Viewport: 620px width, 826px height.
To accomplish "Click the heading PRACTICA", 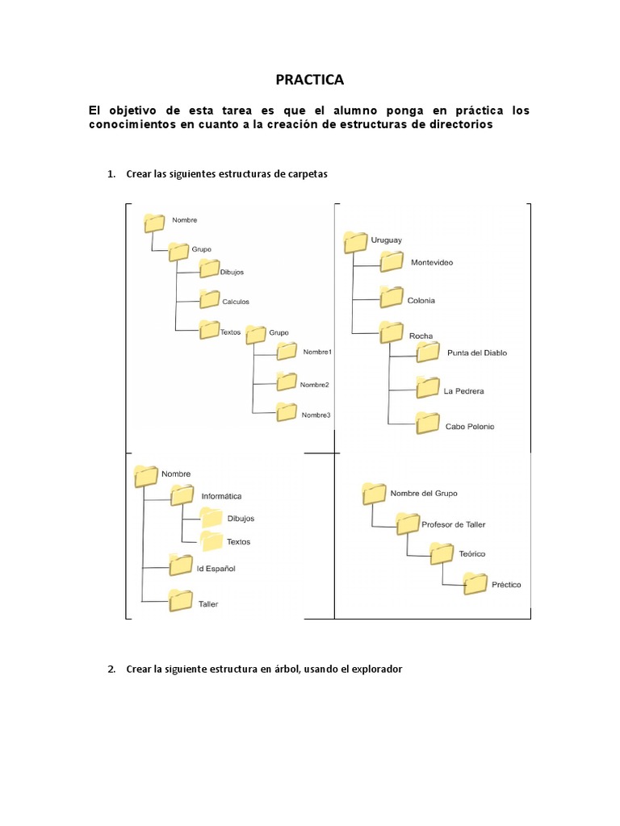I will (310, 79).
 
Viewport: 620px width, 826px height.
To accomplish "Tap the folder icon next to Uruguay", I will (354, 241).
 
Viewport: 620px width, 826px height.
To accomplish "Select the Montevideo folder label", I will (432, 263).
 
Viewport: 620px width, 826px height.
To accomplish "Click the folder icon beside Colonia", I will (392, 297).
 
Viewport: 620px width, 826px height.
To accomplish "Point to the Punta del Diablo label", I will (477, 353).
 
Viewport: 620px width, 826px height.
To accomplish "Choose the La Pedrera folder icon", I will (427, 386).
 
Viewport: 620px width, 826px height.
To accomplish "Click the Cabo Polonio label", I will (470, 426).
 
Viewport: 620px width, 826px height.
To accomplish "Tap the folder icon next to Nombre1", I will (287, 351).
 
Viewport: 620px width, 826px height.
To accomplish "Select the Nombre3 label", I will (316, 415).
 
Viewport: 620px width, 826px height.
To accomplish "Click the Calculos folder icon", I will (209, 298).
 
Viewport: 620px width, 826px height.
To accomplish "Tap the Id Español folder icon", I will (181, 565).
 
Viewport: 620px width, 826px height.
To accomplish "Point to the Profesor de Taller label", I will (453, 524).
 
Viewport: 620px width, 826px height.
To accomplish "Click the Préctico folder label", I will (505, 584).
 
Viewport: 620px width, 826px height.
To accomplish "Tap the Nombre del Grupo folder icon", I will (375, 492).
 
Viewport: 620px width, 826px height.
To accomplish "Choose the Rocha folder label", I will (421, 336).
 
